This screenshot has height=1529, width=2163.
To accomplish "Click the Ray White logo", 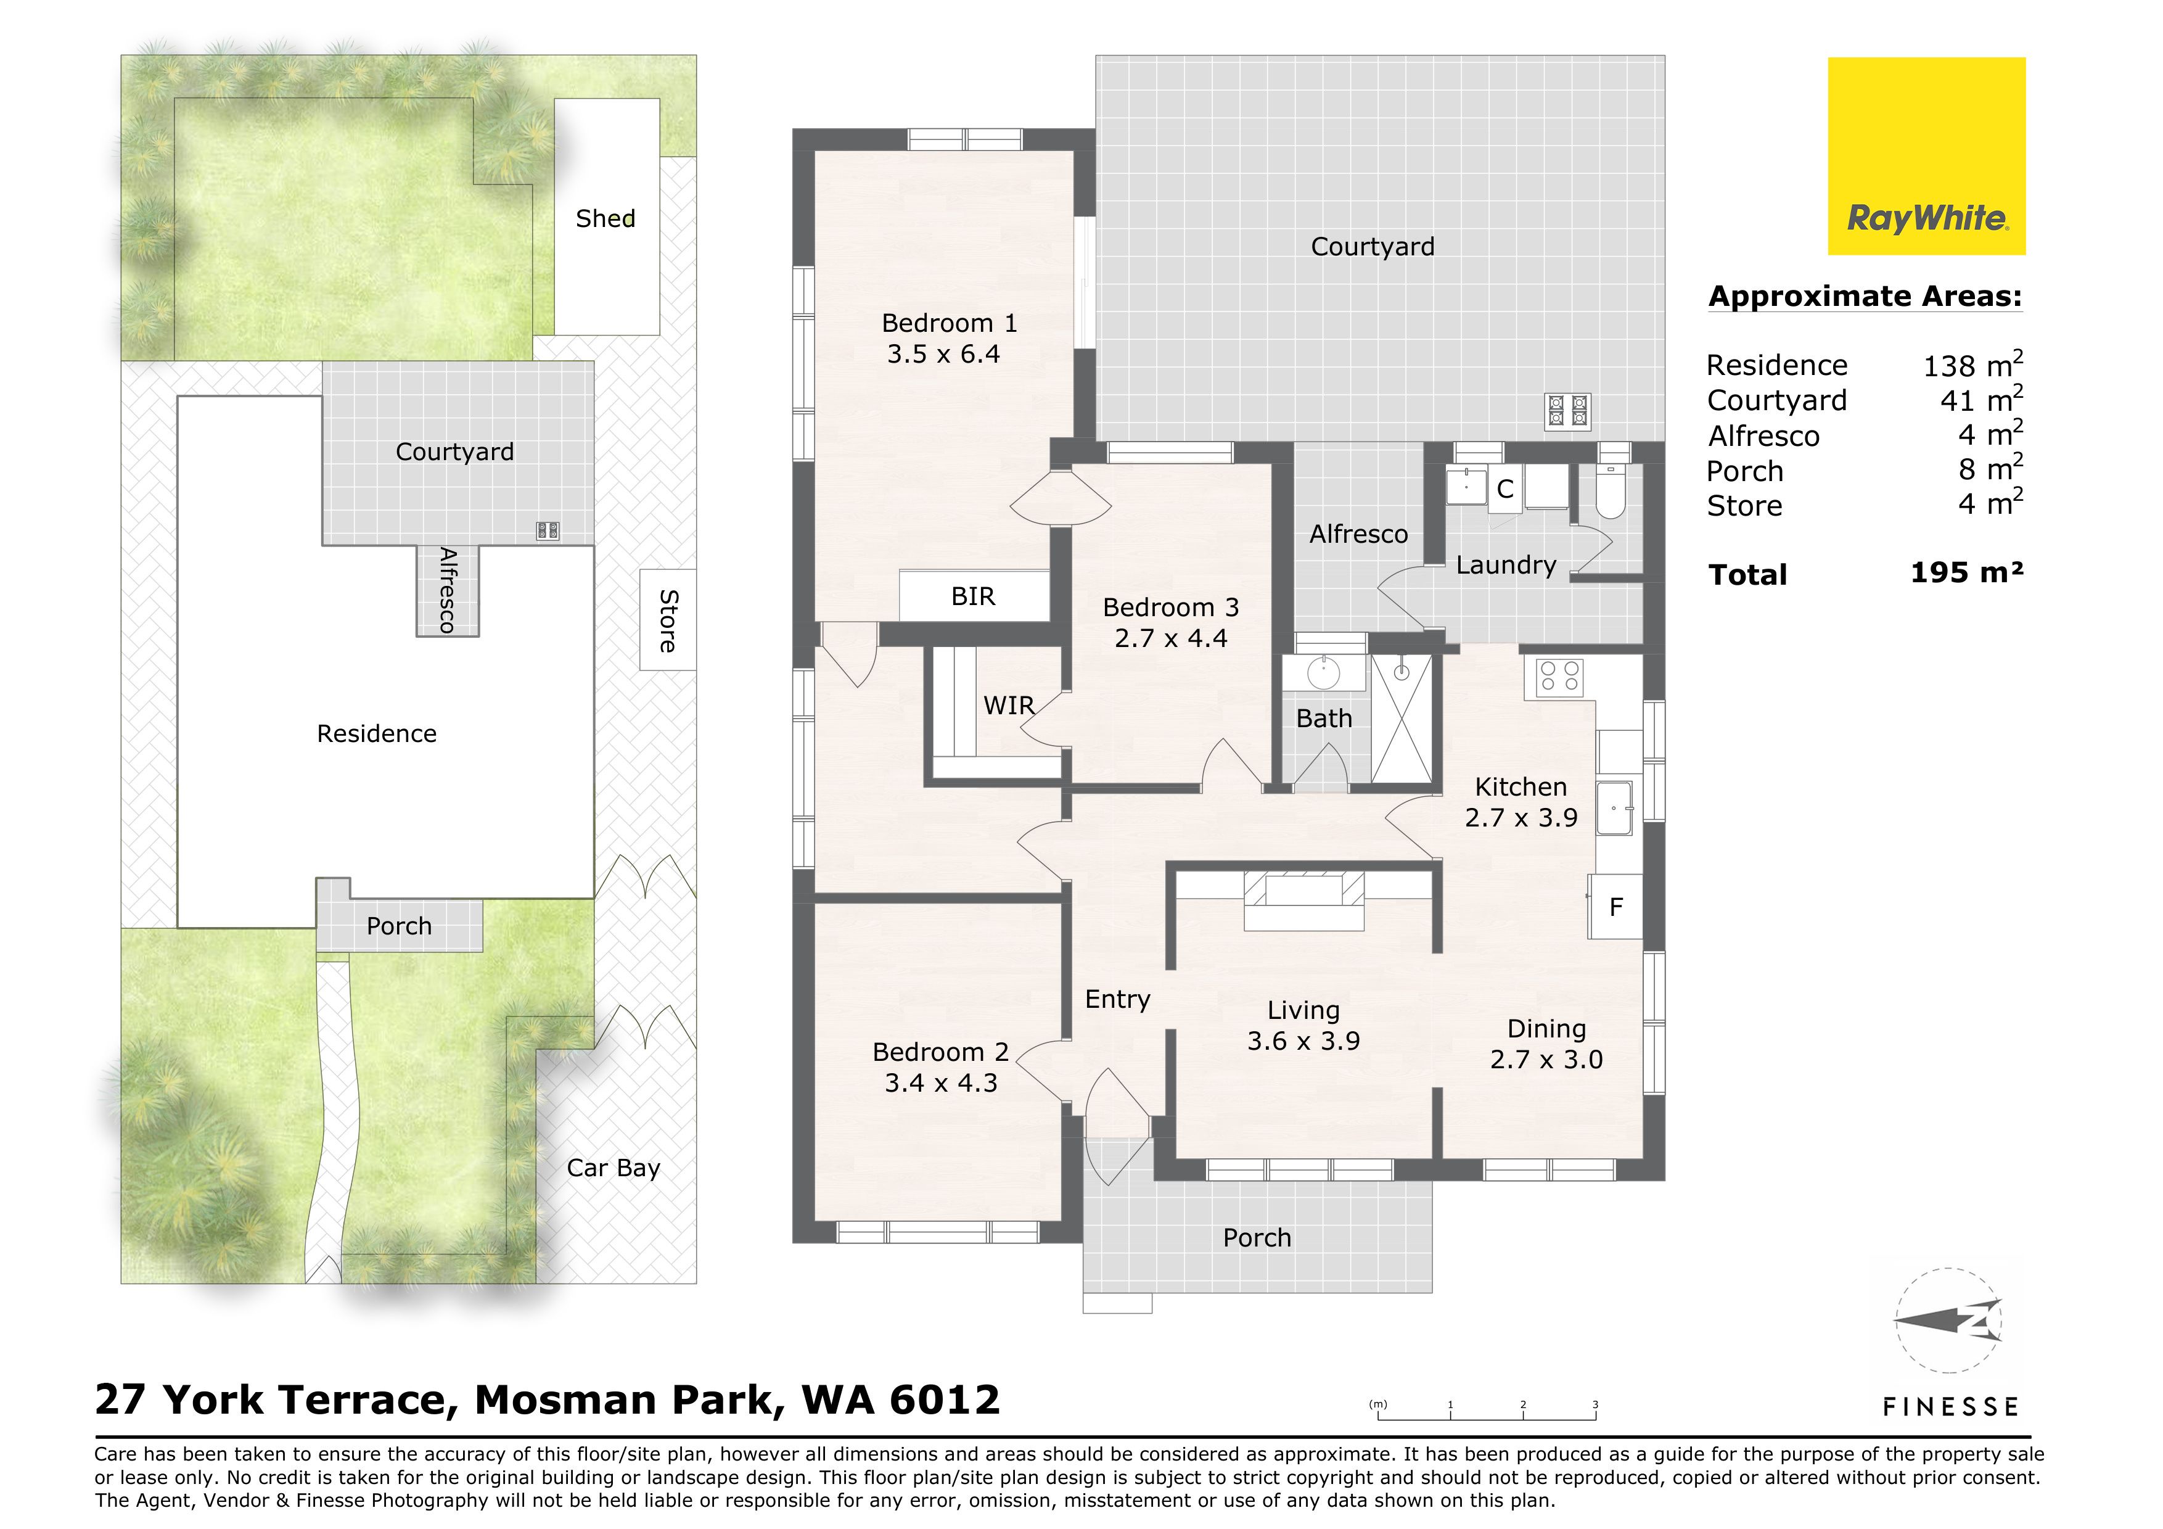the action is tap(1927, 157).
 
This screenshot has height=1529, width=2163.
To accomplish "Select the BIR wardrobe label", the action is tap(973, 596).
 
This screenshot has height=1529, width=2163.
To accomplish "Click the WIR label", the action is tap(1009, 705).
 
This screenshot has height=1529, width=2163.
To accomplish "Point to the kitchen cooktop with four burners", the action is tap(1559, 677).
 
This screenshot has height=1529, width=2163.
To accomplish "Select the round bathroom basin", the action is tap(1324, 673).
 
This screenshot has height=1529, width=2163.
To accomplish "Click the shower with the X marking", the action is tap(1402, 719).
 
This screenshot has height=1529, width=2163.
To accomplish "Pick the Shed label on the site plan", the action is tap(605, 218).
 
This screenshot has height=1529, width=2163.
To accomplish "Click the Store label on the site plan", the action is tap(668, 621).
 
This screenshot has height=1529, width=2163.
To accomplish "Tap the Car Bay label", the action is tap(614, 1168).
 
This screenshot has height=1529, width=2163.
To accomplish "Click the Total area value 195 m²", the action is tap(1967, 573).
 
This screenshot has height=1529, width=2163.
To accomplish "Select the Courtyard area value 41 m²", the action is tap(1981, 400).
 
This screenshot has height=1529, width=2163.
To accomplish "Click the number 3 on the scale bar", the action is tap(1595, 1404).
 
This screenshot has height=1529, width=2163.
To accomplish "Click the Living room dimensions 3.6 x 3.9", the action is tap(1304, 1041).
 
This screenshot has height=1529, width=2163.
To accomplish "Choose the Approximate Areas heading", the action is tap(1865, 297).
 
